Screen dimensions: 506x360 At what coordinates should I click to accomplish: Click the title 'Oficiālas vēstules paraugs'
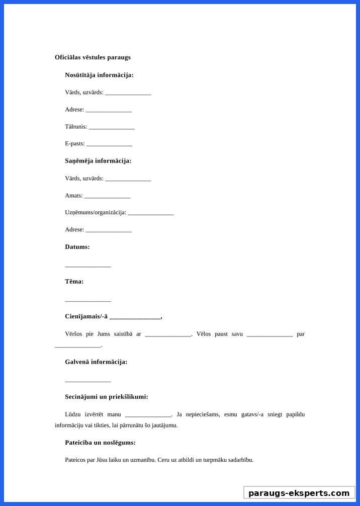point(93,57)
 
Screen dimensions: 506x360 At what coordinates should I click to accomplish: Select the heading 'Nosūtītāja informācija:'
point(99,75)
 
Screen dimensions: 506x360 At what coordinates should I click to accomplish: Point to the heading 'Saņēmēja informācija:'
point(98,161)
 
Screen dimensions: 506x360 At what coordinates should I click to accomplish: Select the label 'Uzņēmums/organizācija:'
point(96,212)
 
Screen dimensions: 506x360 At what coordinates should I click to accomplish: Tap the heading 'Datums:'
point(77,247)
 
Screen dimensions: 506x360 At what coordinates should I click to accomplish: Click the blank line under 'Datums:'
point(88,266)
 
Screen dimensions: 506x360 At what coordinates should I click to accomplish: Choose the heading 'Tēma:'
point(74,282)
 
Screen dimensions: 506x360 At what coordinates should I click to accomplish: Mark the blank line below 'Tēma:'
point(88,300)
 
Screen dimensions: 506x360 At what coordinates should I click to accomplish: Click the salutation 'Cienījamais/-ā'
point(86,316)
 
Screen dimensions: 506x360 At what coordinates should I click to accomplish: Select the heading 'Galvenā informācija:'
point(96,362)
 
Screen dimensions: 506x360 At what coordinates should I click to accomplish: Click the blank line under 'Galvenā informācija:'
point(88,381)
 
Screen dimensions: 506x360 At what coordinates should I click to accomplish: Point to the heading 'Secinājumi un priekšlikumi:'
point(107,397)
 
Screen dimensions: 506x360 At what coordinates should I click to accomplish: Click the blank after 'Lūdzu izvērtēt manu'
point(148,415)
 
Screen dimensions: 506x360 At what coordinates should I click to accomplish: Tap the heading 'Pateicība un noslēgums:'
point(100,443)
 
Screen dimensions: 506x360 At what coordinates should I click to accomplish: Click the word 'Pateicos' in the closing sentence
point(75,460)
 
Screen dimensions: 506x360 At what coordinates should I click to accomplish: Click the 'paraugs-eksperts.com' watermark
point(299,493)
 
